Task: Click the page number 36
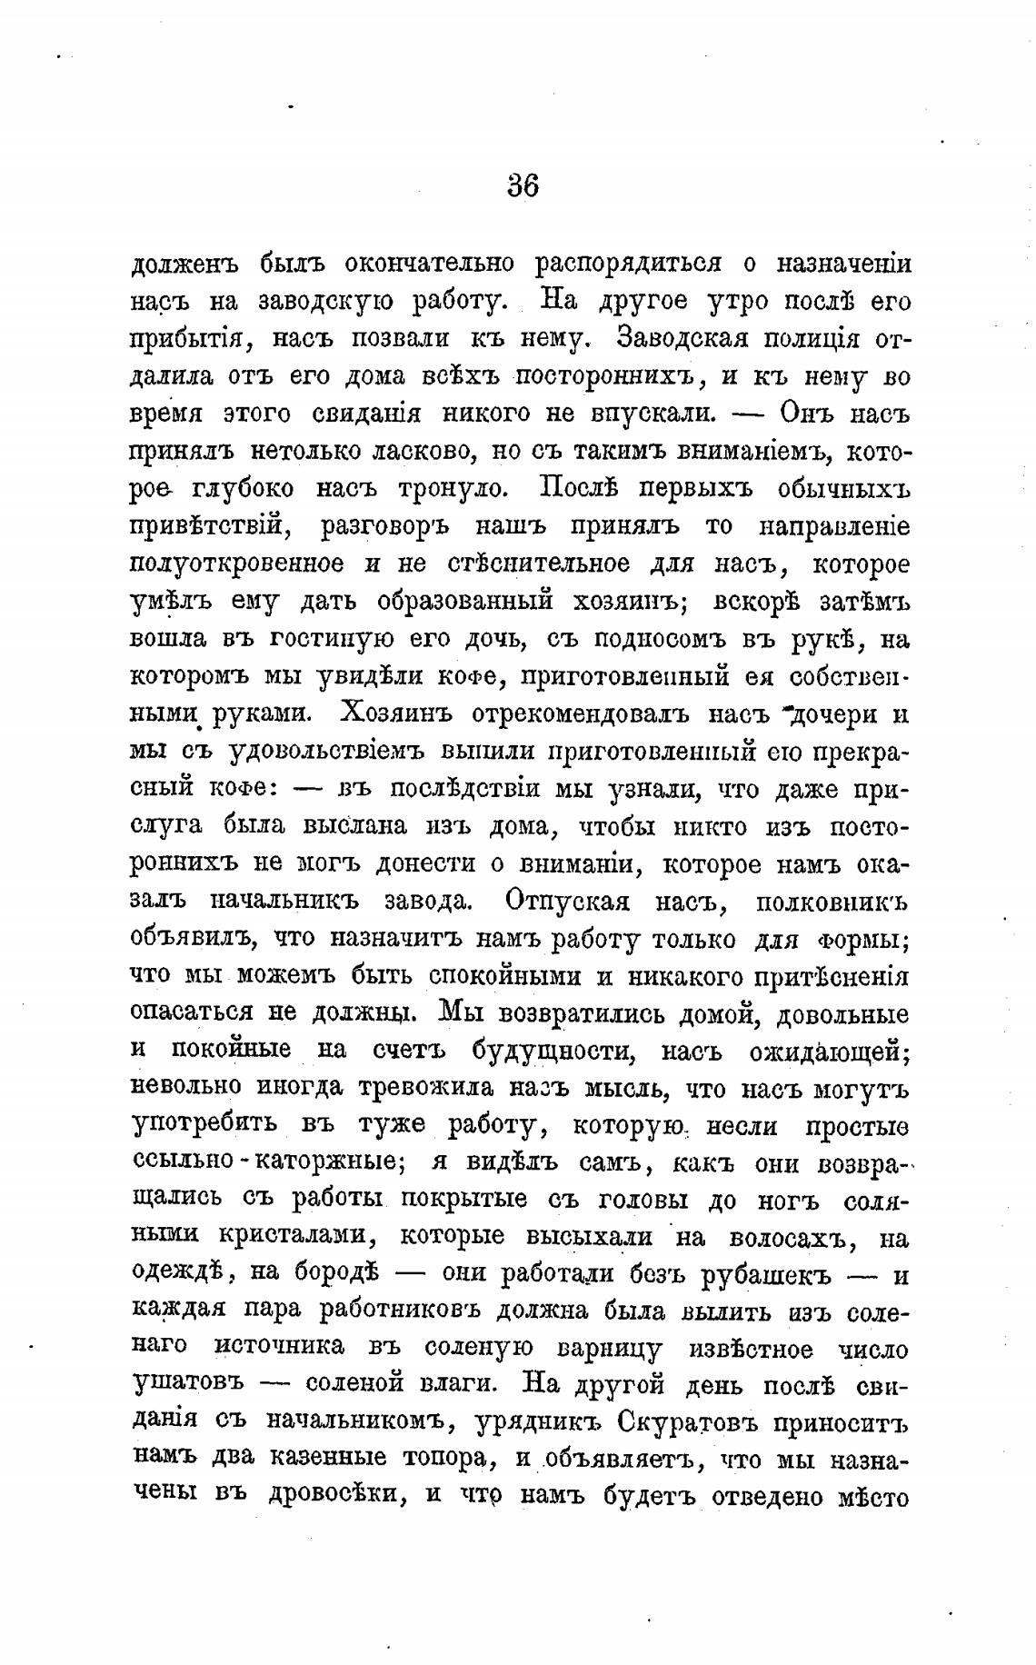[x=523, y=185]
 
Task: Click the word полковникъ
[x=832, y=902]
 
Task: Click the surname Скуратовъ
[x=686, y=1423]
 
